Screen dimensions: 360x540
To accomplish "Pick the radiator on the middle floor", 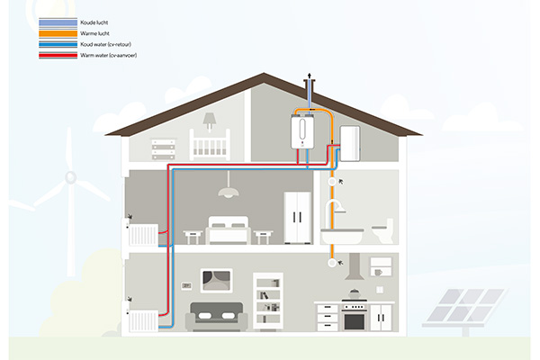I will pyautogui.click(x=142, y=235).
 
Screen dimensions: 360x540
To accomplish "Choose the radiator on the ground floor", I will pyautogui.click(x=143, y=320).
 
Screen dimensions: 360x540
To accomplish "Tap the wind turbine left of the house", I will pyautogui.click(x=69, y=189).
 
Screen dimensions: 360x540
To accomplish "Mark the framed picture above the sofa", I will pyautogui.click(x=216, y=281).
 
